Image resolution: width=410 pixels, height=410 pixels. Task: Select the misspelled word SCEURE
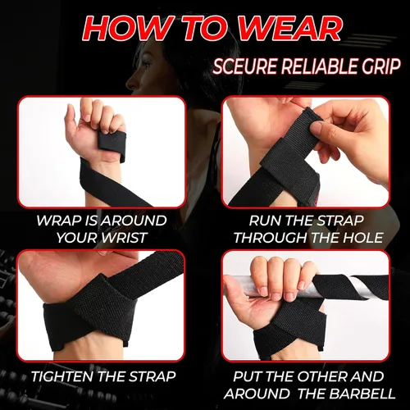[244, 66]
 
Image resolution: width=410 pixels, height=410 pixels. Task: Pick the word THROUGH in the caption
[271, 238]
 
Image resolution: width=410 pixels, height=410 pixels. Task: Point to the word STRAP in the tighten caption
[152, 376]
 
